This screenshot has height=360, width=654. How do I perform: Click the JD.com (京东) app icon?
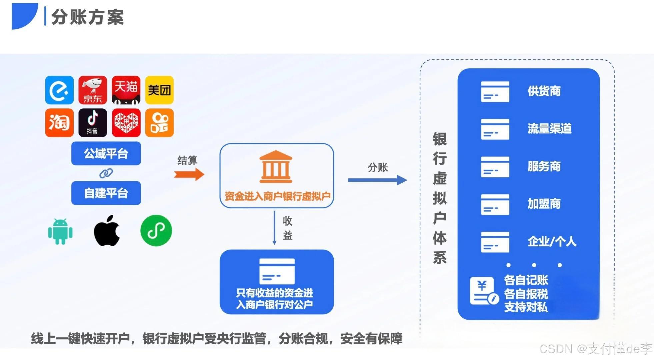point(93,90)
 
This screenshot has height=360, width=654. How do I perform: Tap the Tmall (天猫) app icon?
point(126,90)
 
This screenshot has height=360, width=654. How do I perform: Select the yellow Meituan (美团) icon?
point(159,90)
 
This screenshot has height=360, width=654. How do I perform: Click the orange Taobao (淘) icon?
point(59,122)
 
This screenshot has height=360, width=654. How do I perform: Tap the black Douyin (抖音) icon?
point(93,122)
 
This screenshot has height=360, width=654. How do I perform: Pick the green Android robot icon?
point(60,231)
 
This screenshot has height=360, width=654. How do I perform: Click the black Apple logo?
point(107,231)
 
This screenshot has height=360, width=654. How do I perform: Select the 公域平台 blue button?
point(106,153)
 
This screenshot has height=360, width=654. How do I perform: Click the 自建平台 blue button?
point(106,193)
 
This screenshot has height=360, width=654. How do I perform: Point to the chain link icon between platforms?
point(106,173)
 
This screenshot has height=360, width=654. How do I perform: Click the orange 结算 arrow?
point(189,174)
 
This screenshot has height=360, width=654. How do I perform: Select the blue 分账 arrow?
point(377,180)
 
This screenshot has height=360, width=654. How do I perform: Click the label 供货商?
point(544,91)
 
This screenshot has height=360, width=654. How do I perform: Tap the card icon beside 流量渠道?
point(495,129)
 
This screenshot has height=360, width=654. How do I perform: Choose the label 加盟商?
point(544,204)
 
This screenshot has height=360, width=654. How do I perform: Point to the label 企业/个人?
point(552,241)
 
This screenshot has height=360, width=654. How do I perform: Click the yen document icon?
point(484,291)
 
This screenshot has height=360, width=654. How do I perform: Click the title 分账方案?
point(88,17)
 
